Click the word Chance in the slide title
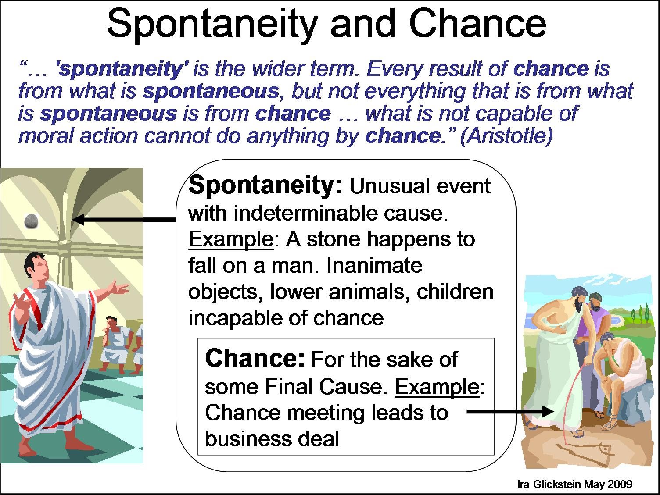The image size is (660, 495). pyautogui.click(x=477, y=23)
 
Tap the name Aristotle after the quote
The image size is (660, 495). pyautogui.click(x=506, y=136)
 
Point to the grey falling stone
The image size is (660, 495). pyautogui.click(x=31, y=222)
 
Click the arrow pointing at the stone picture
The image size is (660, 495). pyautogui.click(x=124, y=220)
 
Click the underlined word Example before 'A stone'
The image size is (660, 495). pyautogui.click(x=231, y=239)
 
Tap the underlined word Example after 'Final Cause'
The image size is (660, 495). pyautogui.click(x=437, y=387)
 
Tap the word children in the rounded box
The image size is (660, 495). pyautogui.click(x=455, y=292)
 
